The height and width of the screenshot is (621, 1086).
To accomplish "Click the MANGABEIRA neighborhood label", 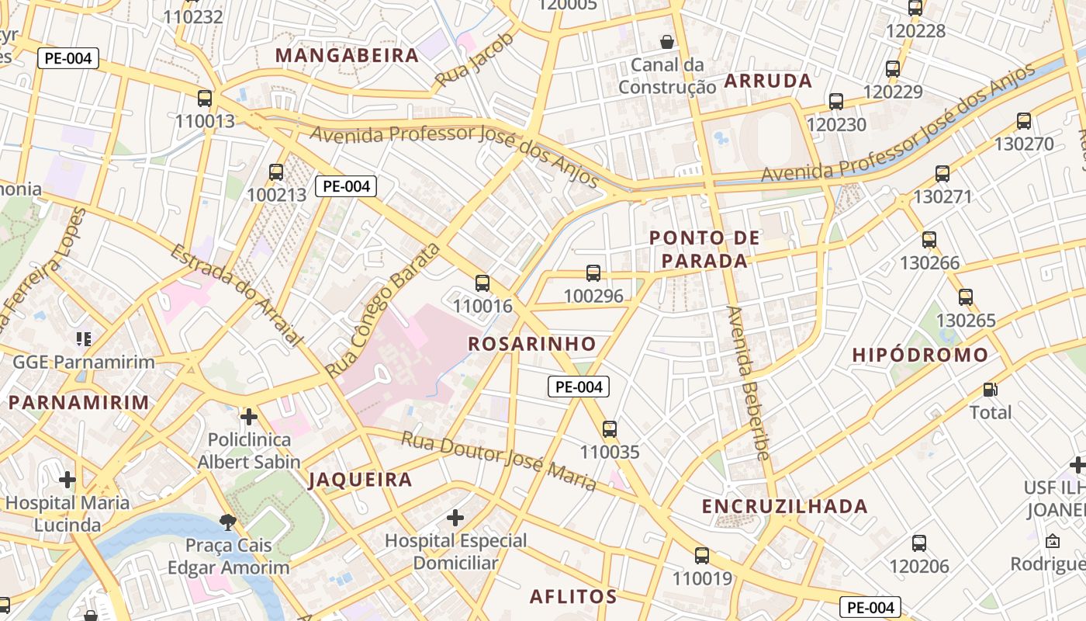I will [347, 55].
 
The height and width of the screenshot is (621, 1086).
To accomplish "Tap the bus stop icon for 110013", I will [205, 99].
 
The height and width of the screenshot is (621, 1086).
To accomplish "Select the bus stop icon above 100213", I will [276, 172].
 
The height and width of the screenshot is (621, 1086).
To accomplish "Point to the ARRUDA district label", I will [768, 81].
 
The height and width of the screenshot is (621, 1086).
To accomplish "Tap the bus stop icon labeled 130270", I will [1024, 121].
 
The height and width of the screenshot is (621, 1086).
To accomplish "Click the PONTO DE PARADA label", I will [698, 249].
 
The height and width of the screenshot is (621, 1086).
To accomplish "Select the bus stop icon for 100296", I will [593, 272].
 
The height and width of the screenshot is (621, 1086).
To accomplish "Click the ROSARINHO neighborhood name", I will [532, 344].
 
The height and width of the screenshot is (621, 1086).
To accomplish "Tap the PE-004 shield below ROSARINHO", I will [579, 387].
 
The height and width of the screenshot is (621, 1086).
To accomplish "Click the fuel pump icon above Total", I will [991, 389].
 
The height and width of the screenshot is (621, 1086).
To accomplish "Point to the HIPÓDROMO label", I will [920, 356].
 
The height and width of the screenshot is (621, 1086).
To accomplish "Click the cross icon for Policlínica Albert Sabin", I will [249, 417].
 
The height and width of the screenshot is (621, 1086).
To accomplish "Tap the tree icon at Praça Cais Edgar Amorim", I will [228, 522].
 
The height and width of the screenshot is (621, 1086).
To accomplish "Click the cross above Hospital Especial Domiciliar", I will [455, 517].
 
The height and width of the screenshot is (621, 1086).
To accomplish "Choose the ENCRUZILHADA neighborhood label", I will [784, 507].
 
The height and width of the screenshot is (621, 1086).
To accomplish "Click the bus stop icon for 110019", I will [702, 555].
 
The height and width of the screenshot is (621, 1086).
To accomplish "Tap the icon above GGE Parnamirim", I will [84, 338].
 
